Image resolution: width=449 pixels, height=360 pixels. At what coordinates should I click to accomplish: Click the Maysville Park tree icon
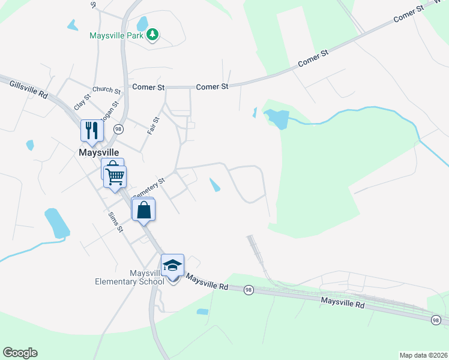click(x=153, y=35)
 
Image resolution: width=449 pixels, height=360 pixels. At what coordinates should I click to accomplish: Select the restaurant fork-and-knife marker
click(x=92, y=131)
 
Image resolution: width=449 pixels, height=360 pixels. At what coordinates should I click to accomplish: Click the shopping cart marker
click(x=115, y=176)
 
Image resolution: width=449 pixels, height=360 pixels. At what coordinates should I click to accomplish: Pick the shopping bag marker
click(x=143, y=210)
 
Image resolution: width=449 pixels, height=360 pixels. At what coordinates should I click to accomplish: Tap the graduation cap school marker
click(x=172, y=265)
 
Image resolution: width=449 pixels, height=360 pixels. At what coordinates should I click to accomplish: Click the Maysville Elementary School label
click(x=130, y=277)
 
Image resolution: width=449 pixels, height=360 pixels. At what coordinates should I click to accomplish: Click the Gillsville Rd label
click(x=29, y=89)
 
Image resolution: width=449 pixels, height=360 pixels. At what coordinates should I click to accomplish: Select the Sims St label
click(x=116, y=221)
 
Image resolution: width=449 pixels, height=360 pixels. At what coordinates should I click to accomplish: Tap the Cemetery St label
click(x=148, y=186)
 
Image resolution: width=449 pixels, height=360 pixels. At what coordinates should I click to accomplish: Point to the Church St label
click(x=107, y=91)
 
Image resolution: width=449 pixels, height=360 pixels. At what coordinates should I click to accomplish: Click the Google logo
click(x=20, y=353)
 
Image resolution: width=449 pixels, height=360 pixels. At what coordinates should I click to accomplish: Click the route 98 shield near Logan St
click(x=118, y=129)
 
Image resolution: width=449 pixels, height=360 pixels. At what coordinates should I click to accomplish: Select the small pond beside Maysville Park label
click(x=142, y=23)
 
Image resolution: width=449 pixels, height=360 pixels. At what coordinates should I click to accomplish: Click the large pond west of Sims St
click(x=56, y=223)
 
